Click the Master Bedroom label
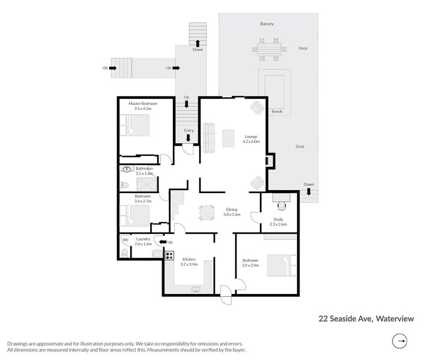click(x=143, y=104)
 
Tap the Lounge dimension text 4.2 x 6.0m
click(x=251, y=142)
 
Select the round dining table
click(x=206, y=212)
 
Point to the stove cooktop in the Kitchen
click(x=169, y=256)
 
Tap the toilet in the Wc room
click(x=124, y=253)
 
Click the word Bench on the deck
click(x=277, y=112)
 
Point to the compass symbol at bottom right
click(x=400, y=341)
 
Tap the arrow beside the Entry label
click(x=188, y=138)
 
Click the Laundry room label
click(x=143, y=239)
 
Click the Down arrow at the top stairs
click(x=197, y=43)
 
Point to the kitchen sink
click(x=196, y=289)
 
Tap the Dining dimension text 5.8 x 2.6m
click(x=231, y=214)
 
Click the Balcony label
click(x=267, y=24)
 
